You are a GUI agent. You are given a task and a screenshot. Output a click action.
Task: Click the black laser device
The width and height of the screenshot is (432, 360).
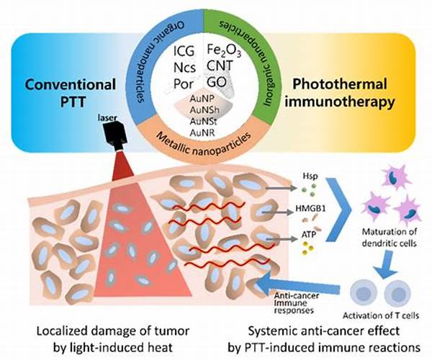(x=115, y=135)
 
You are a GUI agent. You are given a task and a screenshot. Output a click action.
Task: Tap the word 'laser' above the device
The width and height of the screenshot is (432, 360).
(x=108, y=118)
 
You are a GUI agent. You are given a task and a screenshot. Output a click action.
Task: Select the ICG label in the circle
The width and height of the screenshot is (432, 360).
(x=184, y=51)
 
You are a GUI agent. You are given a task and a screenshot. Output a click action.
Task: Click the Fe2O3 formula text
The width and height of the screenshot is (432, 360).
(x=224, y=51)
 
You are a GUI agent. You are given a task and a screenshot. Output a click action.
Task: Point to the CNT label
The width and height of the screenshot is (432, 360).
(x=220, y=66)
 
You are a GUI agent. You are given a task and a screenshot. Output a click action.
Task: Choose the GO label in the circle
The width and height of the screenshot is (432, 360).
(x=217, y=82)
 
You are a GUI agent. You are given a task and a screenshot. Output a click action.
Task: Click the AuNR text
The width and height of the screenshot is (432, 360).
(x=202, y=132)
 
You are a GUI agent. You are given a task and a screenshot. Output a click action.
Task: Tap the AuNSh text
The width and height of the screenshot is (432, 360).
(x=204, y=110)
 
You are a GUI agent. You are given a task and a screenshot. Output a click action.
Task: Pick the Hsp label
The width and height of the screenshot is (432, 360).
(x=310, y=176)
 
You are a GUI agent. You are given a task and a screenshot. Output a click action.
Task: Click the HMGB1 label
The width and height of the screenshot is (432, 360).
(x=310, y=208)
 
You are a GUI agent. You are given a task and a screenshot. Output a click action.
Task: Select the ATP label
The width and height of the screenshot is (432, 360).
(x=308, y=235)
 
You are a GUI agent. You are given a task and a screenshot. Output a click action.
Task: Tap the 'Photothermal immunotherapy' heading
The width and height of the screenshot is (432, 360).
(x=340, y=93)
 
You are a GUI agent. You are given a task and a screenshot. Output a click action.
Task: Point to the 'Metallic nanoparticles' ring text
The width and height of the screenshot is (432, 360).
(x=204, y=144)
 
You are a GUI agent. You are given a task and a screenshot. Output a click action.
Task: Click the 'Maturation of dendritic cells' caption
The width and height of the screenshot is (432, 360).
(x=389, y=237)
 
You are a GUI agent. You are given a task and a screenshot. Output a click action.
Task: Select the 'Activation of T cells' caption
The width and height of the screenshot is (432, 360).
(x=381, y=315)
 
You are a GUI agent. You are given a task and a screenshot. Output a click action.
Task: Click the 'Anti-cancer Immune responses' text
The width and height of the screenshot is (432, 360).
(x=297, y=303)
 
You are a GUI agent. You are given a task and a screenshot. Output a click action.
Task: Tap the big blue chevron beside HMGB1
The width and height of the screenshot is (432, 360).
(x=338, y=210)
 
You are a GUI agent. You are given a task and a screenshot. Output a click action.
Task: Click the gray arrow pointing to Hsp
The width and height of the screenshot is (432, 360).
(x=282, y=188)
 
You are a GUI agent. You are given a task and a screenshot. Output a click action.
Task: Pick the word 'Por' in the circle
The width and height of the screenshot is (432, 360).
(x=183, y=84)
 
